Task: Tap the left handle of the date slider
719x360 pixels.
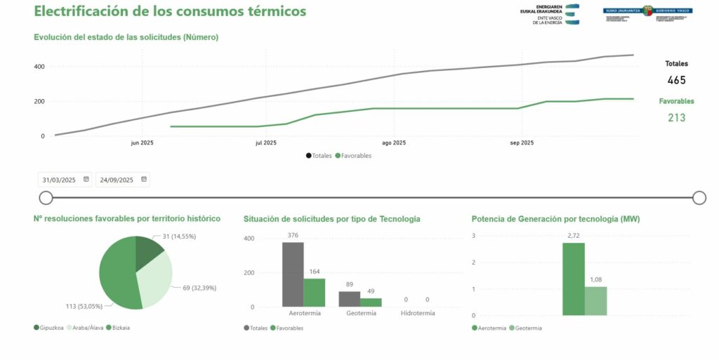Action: [x=46, y=198]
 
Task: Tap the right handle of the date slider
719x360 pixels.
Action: [x=699, y=198]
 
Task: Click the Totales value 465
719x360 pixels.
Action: [x=676, y=80]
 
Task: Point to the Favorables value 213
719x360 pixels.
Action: [x=676, y=118]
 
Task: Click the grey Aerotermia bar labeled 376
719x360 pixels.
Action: [x=293, y=274]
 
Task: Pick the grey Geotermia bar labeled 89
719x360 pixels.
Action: [x=349, y=299]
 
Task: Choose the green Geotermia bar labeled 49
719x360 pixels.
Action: [x=371, y=302]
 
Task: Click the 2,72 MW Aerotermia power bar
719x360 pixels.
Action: [x=573, y=279]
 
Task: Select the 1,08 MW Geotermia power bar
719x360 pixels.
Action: [x=595, y=301]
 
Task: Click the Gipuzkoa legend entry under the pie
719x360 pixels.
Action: [x=48, y=328]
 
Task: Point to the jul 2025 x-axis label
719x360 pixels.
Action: [x=265, y=143]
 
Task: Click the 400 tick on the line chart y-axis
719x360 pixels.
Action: [x=39, y=67]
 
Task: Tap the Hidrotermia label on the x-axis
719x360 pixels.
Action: [x=416, y=313]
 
